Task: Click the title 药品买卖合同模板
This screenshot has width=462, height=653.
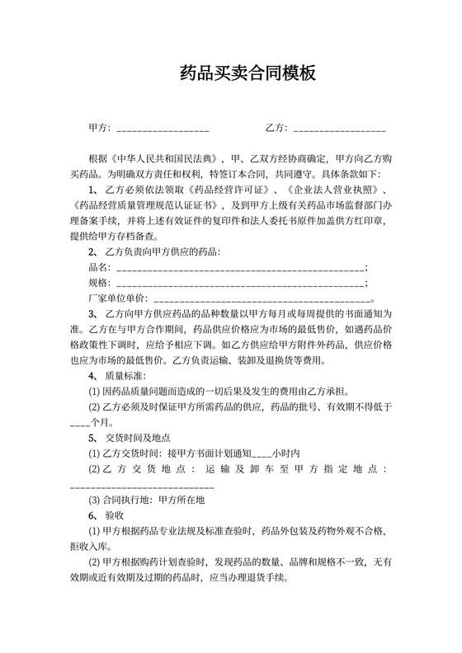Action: coord(247,75)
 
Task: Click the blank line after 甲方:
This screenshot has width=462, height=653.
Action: coord(163,129)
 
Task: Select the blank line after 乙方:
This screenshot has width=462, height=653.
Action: coord(340,129)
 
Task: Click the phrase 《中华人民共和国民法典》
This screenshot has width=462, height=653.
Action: coord(169,157)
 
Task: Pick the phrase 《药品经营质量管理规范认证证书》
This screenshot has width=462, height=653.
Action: coord(146,204)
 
